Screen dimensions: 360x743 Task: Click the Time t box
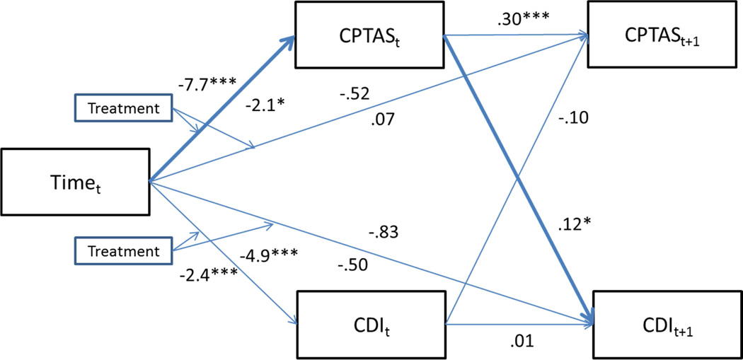click(x=75, y=182)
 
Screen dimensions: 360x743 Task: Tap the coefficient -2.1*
click(x=265, y=105)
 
